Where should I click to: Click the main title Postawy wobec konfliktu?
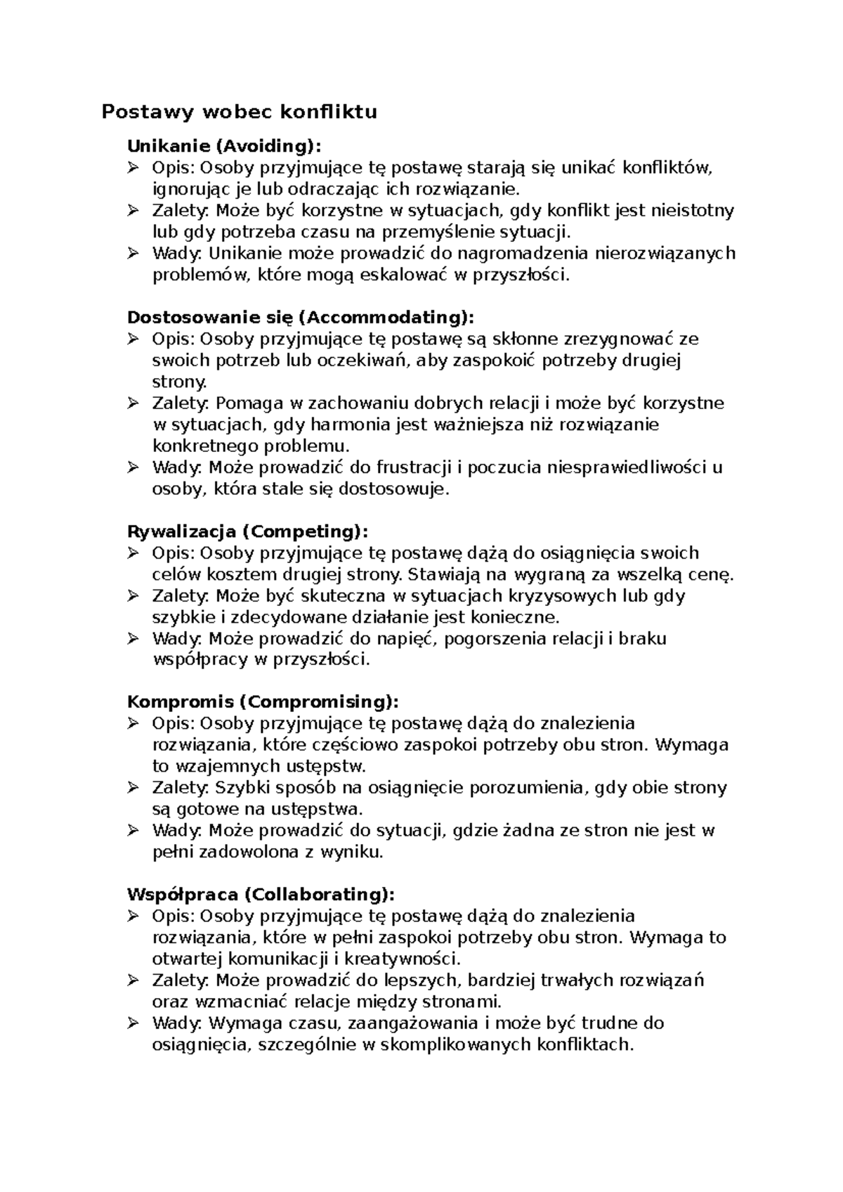click(x=240, y=112)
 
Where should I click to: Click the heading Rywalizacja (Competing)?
click(x=247, y=531)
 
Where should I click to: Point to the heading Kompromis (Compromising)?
click(x=263, y=701)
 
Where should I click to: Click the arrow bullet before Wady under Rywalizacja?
click(x=133, y=638)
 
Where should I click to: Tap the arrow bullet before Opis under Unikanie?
click(x=133, y=168)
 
